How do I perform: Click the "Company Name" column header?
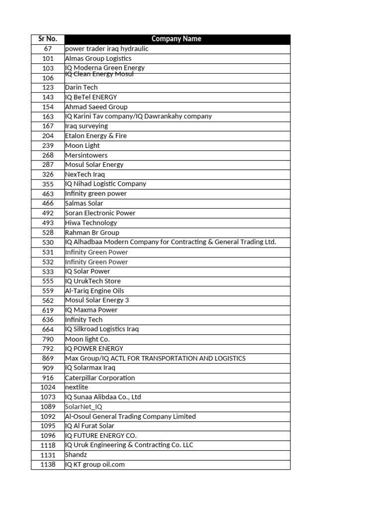177,39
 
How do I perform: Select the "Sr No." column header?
48,39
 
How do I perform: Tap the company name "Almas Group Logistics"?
98,58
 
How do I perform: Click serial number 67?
48,49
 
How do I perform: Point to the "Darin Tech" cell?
81,87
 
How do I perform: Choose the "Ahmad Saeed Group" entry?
96,107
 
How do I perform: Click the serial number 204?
48,135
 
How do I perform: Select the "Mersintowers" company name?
86,155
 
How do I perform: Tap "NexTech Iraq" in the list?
85,174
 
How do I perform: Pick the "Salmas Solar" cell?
84,203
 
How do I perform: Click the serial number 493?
48,223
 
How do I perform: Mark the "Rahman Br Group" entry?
92,233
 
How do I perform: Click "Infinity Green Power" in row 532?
96,262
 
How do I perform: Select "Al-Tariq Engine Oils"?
95,291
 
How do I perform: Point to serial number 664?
48,329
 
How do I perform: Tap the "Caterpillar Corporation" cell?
100,378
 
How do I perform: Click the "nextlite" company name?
76,387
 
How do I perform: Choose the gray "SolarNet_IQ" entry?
84,406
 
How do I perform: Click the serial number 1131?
48,455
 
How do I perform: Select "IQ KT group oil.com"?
95,464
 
